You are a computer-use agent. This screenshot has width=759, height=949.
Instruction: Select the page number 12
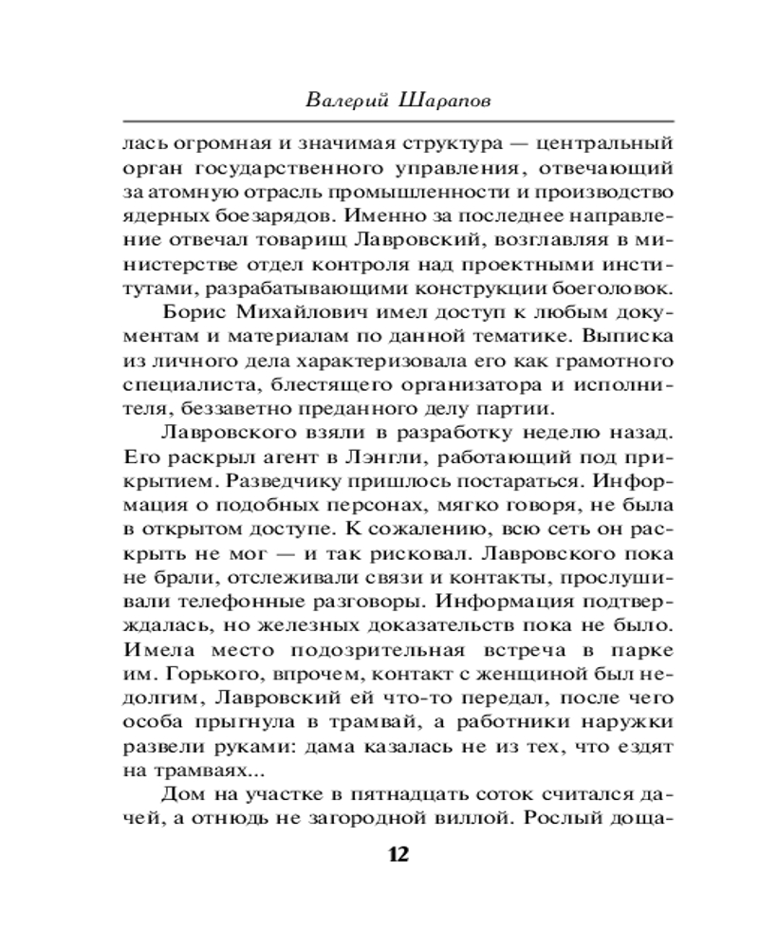coord(398,853)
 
